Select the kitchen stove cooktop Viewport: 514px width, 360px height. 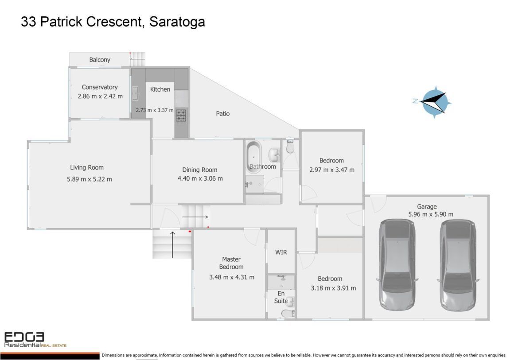pos(181,115)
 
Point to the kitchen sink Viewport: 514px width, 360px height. pos(136,93)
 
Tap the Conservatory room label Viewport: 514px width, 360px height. pos(100,87)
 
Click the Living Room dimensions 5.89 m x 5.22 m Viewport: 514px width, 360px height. pos(89,179)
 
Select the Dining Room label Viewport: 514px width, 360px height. pos(200,170)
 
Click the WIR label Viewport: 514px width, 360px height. pos(281,252)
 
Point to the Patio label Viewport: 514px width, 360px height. pos(222,114)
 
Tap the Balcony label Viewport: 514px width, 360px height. pos(100,60)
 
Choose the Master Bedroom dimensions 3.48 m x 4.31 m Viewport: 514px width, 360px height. pos(232,278)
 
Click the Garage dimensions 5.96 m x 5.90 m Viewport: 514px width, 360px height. pos(427,214)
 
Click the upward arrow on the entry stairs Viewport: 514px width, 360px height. pos(172,244)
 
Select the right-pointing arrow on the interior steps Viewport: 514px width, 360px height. pos(195,217)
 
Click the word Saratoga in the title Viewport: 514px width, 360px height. pos(177,22)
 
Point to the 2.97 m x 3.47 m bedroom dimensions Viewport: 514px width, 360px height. pos(331,170)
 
